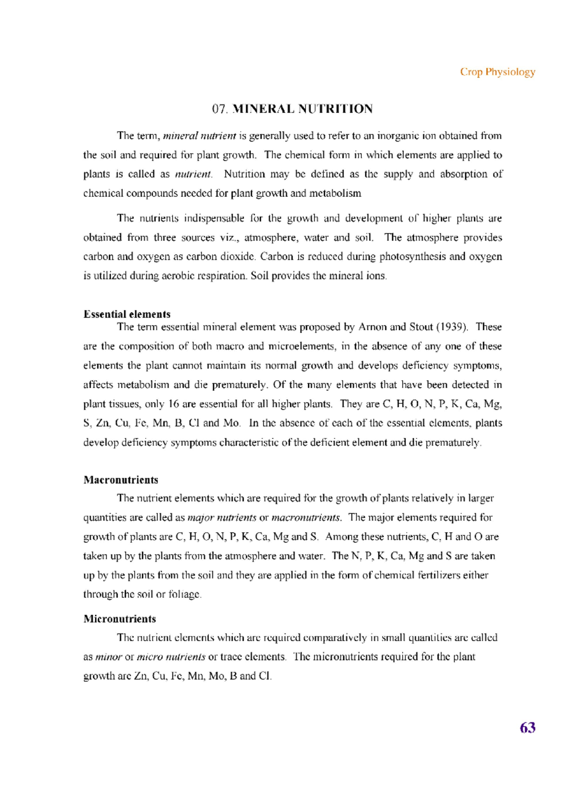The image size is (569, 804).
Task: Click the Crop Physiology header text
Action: pos(497,72)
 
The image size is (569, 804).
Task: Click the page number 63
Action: pos(527,728)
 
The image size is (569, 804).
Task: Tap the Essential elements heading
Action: pos(127,314)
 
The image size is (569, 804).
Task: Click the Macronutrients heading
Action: pos(120,480)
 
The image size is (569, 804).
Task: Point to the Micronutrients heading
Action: pos(119,619)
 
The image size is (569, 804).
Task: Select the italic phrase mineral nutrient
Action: pos(199,136)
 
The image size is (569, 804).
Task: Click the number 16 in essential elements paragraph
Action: pos(174,404)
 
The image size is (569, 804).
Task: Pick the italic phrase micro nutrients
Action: pos(171,657)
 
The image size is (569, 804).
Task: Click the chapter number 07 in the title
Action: pos(220,109)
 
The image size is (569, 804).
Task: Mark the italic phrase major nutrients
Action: pos(222,518)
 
